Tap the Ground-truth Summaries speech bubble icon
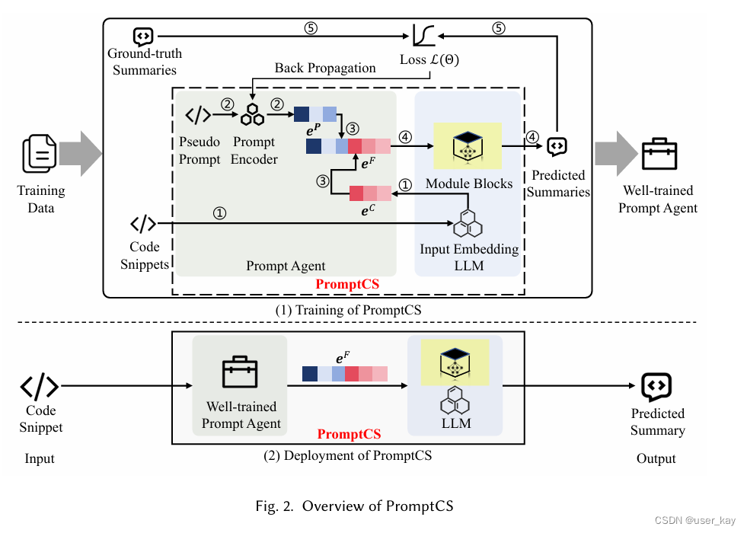tap(143, 36)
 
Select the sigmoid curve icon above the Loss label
tap(423, 35)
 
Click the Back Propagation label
tap(325, 68)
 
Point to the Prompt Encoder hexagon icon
tap(252, 115)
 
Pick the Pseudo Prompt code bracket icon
tap(198, 115)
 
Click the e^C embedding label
tap(369, 211)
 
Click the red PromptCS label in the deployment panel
tap(349, 434)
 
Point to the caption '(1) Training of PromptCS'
tap(347, 310)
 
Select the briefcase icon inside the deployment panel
tap(240, 372)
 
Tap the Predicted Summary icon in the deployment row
tap(656, 387)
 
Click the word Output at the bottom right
tap(656, 458)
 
